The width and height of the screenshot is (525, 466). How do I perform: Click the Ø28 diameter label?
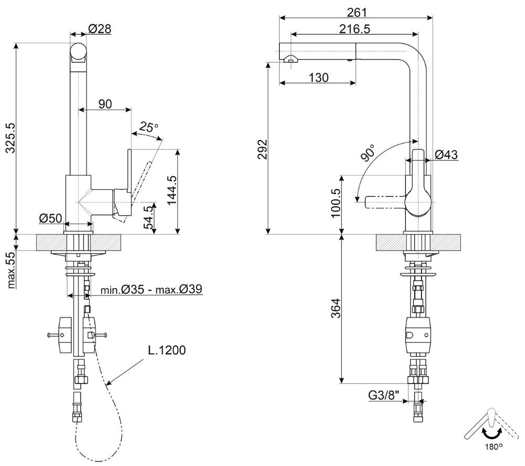(100, 29)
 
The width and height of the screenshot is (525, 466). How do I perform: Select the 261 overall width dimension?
(357, 13)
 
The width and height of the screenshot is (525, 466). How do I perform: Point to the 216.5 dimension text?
(354, 29)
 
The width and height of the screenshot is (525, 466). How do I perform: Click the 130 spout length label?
(319, 78)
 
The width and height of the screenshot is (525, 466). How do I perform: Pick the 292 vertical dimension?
(263, 149)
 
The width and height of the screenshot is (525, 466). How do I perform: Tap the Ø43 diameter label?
(446, 154)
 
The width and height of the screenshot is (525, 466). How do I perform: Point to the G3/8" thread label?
(384, 395)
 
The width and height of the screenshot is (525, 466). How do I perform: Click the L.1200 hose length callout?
(167, 350)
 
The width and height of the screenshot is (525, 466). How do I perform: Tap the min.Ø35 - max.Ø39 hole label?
(151, 289)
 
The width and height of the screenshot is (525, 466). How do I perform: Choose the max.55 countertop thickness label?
(11, 270)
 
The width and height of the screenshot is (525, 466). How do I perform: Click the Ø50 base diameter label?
(50, 218)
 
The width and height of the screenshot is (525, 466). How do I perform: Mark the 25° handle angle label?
(149, 127)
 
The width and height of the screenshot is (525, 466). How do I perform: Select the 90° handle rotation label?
(368, 153)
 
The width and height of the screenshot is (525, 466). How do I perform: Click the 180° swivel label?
(493, 446)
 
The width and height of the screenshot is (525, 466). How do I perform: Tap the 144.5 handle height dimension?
(172, 190)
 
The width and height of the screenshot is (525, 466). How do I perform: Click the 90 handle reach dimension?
(105, 104)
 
